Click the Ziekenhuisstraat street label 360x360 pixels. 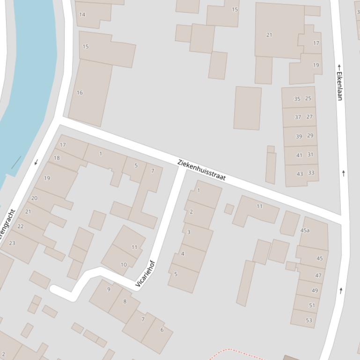(x=201, y=170)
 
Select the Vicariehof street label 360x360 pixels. (x=145, y=274)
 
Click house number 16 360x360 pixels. (x=80, y=93)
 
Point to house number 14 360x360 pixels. (x=82, y=14)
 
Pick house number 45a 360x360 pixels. (x=305, y=230)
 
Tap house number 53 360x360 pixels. (x=309, y=320)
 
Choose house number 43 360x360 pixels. (x=300, y=174)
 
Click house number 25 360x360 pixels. (x=308, y=99)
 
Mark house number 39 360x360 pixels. (x=299, y=137)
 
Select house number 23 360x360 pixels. (x=12, y=243)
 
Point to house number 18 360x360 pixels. (x=57, y=158)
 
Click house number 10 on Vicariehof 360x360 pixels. (x=124, y=265)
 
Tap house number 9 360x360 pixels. (x=109, y=289)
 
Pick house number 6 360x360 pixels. (x=162, y=330)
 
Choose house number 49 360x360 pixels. (x=315, y=290)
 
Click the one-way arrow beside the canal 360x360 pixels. (x=36, y=162)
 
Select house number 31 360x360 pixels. (x=310, y=154)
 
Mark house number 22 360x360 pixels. (x=20, y=226)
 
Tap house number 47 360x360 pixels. (x=318, y=275)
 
